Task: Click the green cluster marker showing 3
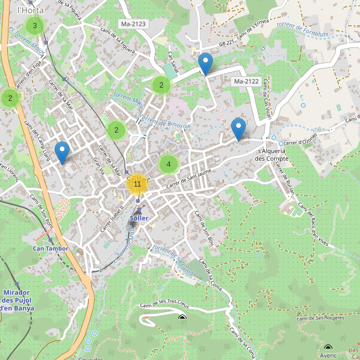(x=35, y=26)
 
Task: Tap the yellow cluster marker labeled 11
(x=137, y=184)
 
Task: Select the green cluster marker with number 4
(x=169, y=164)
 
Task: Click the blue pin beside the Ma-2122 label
(x=205, y=64)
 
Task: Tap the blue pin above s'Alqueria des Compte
(x=239, y=129)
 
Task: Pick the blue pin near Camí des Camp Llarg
(x=61, y=152)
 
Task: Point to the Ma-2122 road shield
(x=247, y=81)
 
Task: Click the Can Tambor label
(x=50, y=248)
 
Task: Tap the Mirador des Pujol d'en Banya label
(x=17, y=300)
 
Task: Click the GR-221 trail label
(x=224, y=43)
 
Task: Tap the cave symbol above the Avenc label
(x=328, y=347)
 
